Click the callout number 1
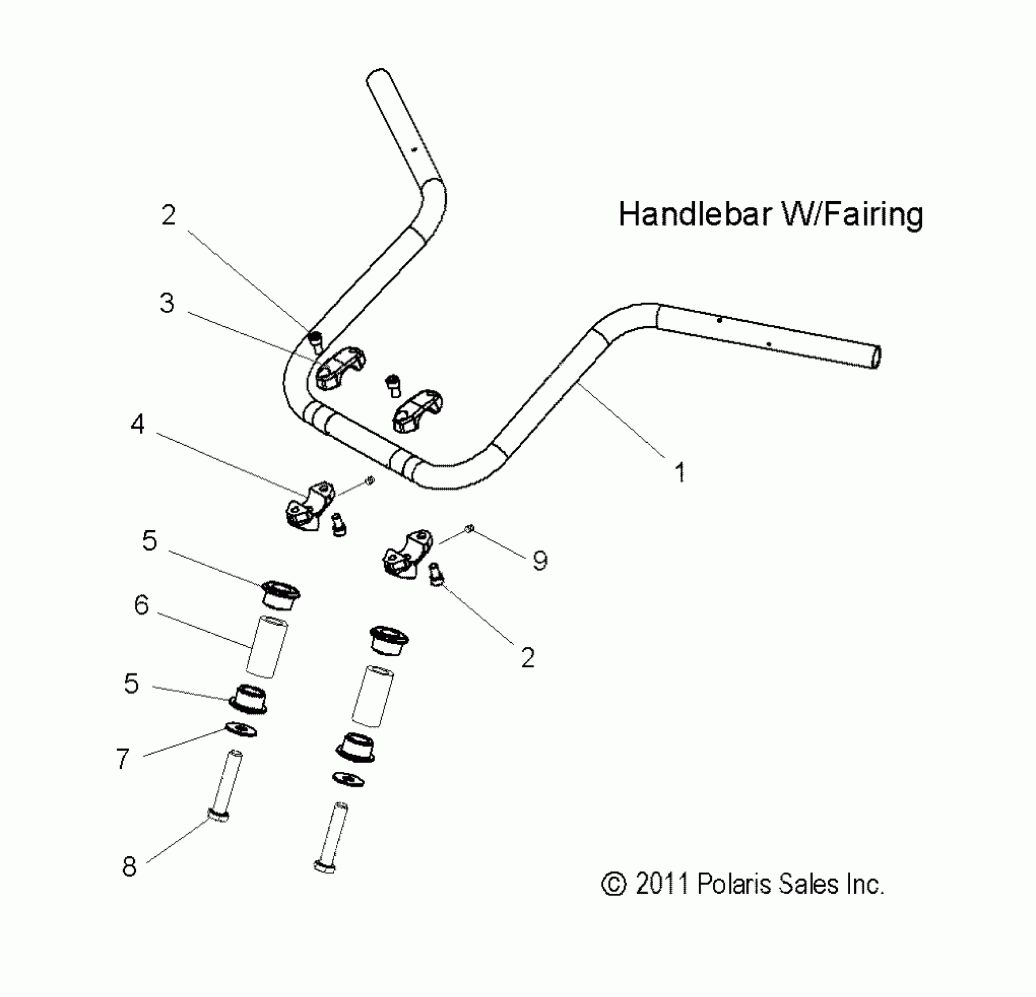[680, 472]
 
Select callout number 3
[167, 303]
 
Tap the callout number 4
[137, 423]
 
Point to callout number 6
[141, 605]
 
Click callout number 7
[122, 759]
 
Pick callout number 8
[129, 866]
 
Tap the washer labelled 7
[241, 730]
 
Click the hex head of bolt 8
[219, 815]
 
